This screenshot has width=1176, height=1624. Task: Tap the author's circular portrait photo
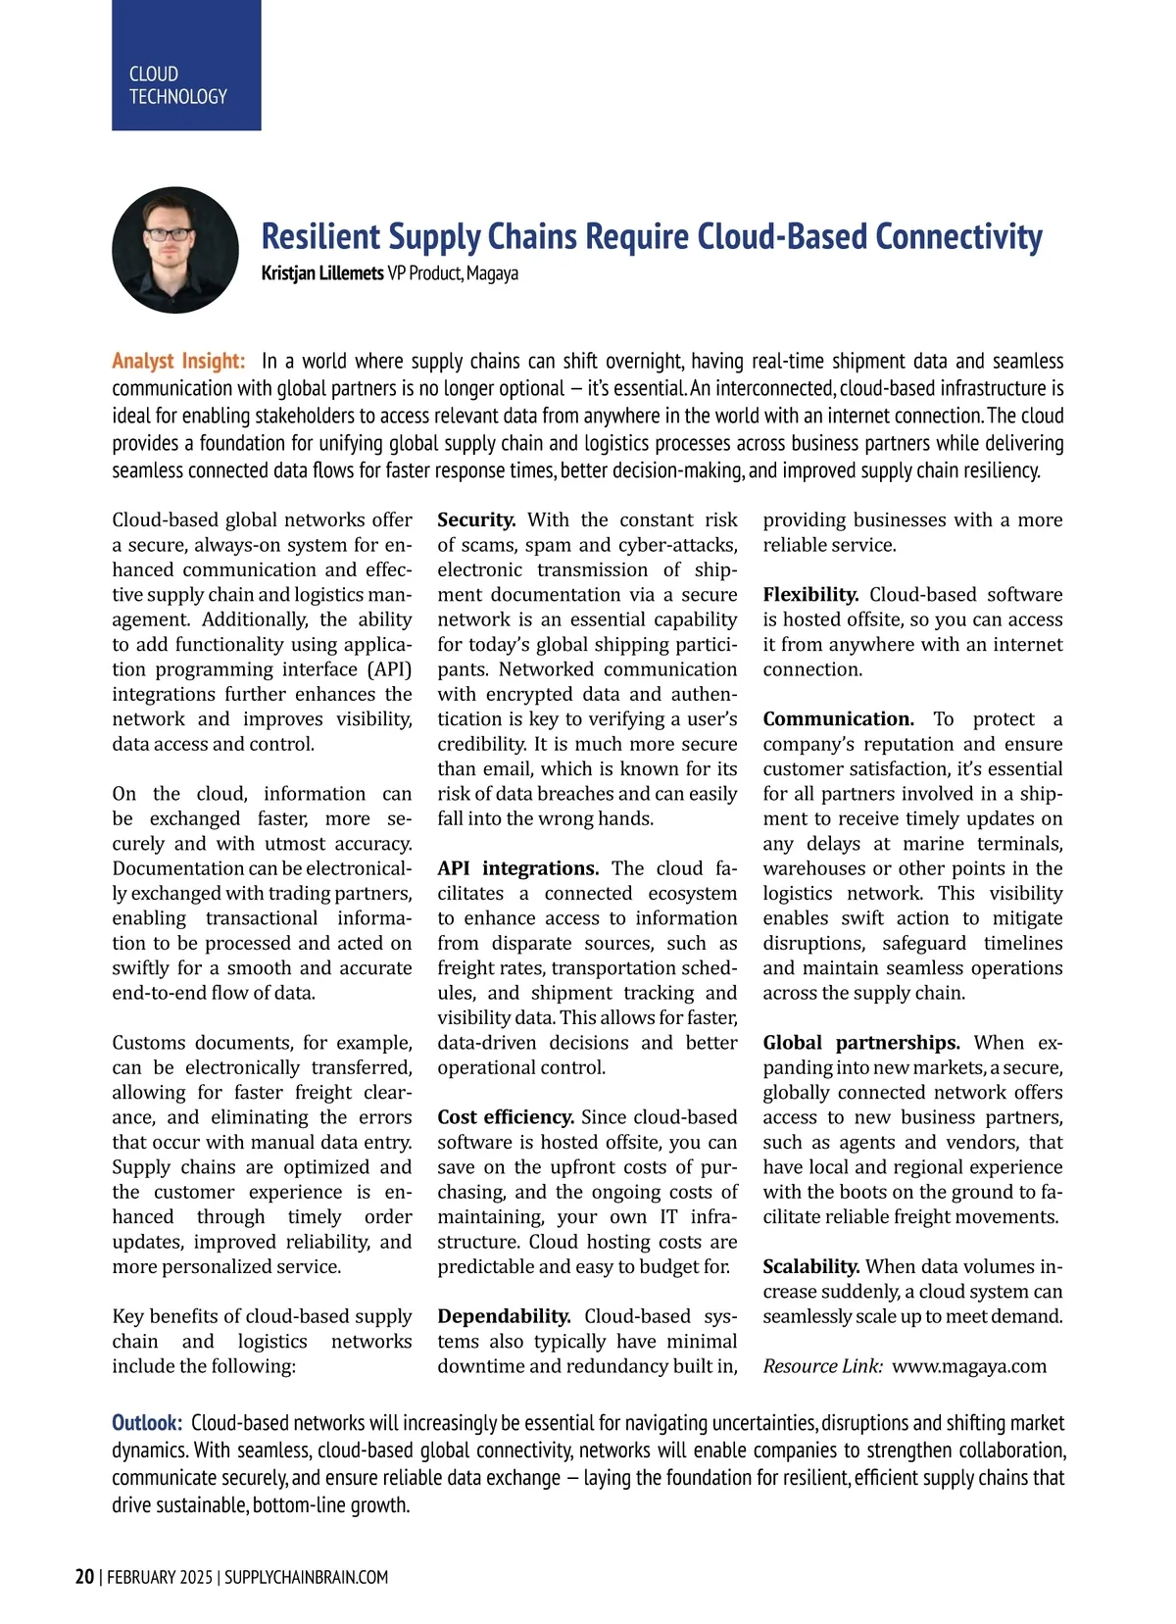[175, 250]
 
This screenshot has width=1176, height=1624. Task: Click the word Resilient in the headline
[320, 237]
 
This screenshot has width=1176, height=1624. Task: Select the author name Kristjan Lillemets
[321, 273]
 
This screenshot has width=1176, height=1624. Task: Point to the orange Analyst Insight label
[178, 361]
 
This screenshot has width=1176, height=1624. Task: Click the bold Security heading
[476, 519]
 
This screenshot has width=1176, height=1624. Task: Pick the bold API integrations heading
[517, 868]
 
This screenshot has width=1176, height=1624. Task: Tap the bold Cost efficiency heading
[506, 1117]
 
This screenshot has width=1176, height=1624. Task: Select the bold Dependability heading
[504, 1316]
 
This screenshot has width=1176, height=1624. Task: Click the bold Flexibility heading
[810, 595]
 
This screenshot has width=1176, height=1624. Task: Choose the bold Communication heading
[838, 719]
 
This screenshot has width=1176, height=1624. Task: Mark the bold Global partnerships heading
[861, 1043]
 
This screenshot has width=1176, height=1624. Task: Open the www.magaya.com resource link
[969, 1366]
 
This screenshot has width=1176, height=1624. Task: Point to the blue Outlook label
[147, 1422]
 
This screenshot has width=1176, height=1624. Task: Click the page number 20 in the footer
[84, 1576]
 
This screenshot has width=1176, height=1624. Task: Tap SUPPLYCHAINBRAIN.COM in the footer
[306, 1577]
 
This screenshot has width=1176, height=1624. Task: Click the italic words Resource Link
[822, 1366]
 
